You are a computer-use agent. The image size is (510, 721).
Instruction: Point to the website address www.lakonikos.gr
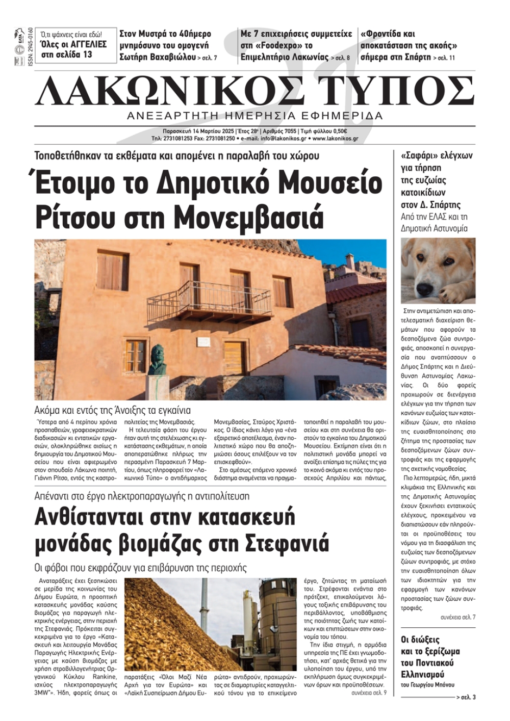point(335,139)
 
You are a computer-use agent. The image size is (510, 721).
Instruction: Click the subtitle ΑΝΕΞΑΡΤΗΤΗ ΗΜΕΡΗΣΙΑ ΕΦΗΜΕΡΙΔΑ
point(255,116)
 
